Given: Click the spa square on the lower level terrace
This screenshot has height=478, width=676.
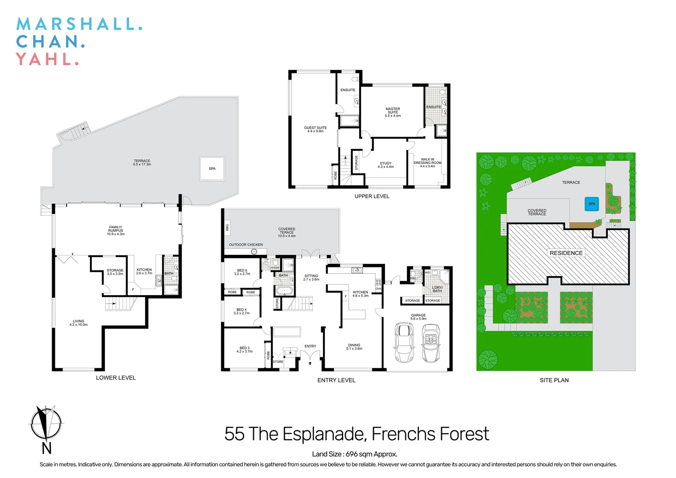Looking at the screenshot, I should tap(212, 169).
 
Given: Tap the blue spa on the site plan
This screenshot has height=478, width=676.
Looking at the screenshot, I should tap(591, 204).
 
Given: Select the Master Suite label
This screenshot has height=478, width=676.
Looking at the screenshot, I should tap(392, 112).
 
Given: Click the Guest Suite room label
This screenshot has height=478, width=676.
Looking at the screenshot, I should tap(315, 129).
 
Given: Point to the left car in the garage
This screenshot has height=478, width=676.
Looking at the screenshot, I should tap(404, 343).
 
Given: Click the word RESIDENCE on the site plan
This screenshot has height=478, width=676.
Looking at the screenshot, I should tap(566, 253).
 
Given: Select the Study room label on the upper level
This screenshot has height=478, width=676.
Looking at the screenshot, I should tap(385, 165).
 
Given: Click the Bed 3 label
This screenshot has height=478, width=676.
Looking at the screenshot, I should tap(244, 350).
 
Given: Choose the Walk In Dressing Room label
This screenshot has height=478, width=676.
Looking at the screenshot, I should tap(427, 162).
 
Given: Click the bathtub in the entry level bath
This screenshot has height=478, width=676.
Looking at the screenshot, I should tap(284, 291).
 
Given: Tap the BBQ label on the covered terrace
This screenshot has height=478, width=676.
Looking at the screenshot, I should tap(227, 227).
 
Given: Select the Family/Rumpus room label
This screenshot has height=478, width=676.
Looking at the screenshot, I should tap(115, 230).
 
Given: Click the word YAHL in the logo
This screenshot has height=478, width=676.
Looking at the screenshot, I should tap(44, 59).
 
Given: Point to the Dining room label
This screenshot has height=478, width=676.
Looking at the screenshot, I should tap(354, 347).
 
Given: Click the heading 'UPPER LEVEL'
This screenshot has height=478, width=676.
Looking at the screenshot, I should tap(372, 196).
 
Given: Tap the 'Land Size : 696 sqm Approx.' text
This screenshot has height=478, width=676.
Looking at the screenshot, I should tap(354, 454).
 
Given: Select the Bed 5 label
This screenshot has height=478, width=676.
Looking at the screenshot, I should tap(242, 272).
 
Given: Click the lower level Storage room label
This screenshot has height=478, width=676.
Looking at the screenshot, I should tap(115, 272).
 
